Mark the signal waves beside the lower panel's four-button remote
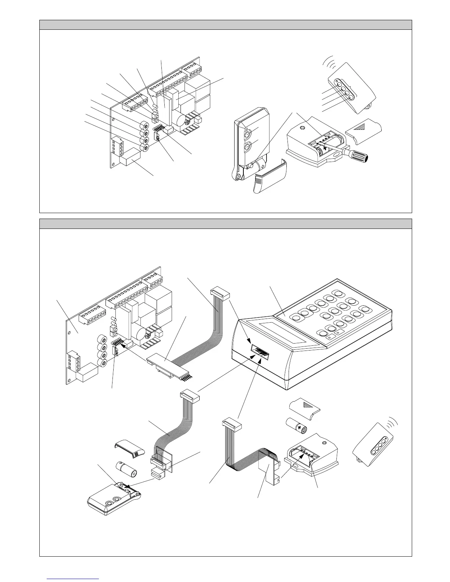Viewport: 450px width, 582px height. pyautogui.click(x=394, y=421)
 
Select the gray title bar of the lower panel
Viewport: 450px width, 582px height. pyautogui.click(x=225, y=224)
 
